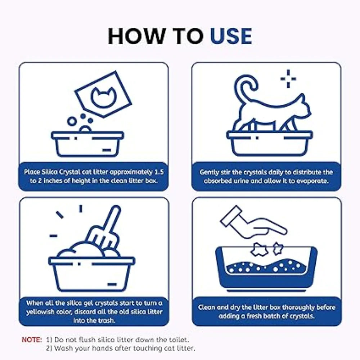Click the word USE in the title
pos(231,36)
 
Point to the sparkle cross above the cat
pos(288,79)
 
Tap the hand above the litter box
pos(264,227)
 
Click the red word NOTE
pos(32,339)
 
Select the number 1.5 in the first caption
pos(159,172)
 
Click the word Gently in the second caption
pos(208,172)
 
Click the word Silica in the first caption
pos(43,172)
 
